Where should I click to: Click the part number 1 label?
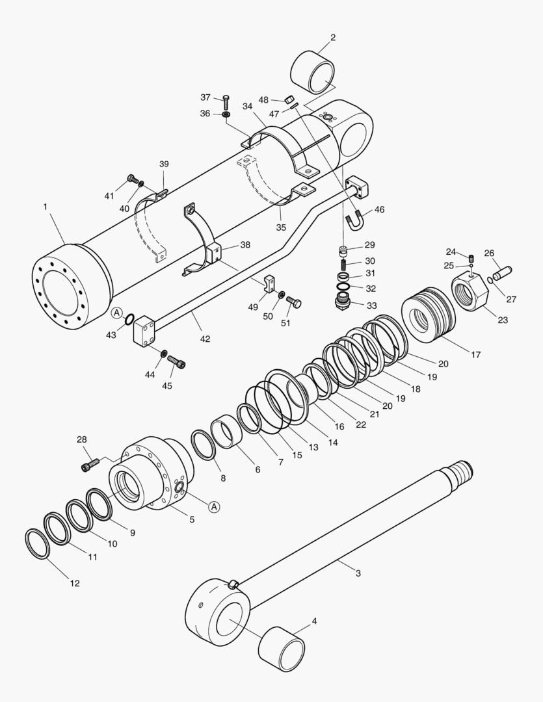pyautogui.click(x=46, y=207)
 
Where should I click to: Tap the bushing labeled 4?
pyautogui.click(x=282, y=648)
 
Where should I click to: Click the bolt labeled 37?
pyautogui.click(x=226, y=101)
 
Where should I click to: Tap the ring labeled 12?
pyautogui.click(x=37, y=543)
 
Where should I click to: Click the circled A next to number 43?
pyautogui.click(x=117, y=313)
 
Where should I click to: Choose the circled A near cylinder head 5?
pyautogui.click(x=214, y=506)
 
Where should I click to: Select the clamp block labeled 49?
pyautogui.click(x=269, y=283)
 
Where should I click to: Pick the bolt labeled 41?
pyautogui.click(x=133, y=178)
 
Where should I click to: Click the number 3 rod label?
pyautogui.click(x=358, y=573)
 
